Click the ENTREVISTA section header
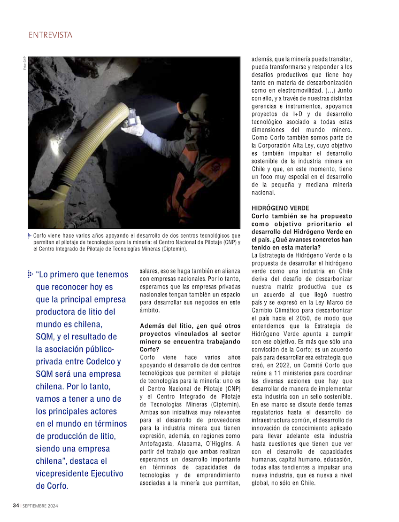pyautogui.click(x=50, y=35)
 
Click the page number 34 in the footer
pyautogui.click(x=15, y=506)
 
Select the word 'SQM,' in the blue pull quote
pyautogui.click(x=47, y=337)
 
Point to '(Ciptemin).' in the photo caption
pyautogui.click(x=172, y=249)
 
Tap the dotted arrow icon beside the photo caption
pyautogui.click(x=30, y=236)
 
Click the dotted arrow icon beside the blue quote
pyautogui.click(x=31, y=274)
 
